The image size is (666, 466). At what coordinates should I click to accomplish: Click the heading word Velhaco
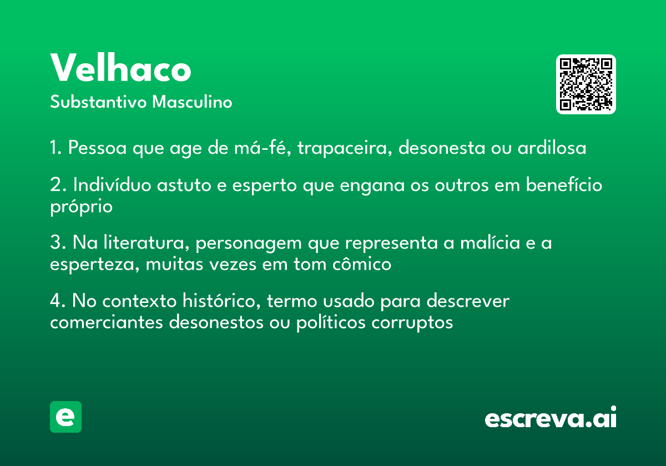(x=120, y=68)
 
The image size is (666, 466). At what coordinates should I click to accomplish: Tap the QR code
(x=586, y=84)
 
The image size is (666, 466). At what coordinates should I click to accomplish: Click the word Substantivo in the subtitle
(x=98, y=102)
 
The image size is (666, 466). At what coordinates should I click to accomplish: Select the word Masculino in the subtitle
(x=192, y=102)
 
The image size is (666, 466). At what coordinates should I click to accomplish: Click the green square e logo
(x=65, y=417)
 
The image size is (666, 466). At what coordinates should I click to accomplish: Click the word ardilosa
(x=552, y=148)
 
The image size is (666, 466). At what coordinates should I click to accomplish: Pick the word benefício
(x=564, y=185)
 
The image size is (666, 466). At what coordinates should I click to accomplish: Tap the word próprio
(x=81, y=207)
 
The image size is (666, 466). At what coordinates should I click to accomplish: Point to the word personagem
(x=249, y=244)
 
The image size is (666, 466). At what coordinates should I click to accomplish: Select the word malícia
(x=490, y=242)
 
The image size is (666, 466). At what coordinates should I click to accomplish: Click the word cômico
(x=361, y=264)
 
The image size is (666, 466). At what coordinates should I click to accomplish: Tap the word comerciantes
(x=107, y=322)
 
